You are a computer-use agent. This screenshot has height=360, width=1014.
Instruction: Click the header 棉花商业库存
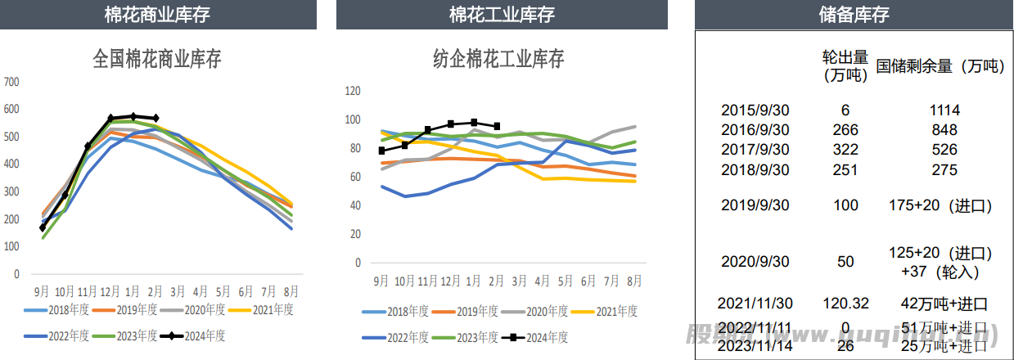coord(157,15)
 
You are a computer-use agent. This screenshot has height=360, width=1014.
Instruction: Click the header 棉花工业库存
coord(502,15)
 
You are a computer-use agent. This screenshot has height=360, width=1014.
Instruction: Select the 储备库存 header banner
coord(854,15)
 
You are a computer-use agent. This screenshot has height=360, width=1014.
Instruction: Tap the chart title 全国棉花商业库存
coord(157,59)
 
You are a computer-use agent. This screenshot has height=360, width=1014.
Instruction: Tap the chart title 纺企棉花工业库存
coord(498,59)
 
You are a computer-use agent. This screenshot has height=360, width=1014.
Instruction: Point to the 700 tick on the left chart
coord(11,82)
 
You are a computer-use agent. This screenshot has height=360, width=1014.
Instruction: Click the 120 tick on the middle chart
coord(353,91)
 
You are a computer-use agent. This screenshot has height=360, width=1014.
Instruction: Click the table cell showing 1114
coord(944,110)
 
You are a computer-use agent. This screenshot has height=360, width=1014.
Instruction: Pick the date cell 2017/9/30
coord(755,150)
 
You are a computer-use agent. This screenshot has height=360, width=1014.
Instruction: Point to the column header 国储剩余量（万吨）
coord(940,66)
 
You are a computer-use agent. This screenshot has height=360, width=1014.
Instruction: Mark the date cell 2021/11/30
coord(755,303)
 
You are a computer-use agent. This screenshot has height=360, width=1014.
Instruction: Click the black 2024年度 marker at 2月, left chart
coord(155,119)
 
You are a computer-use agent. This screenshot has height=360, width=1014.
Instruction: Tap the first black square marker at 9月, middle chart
coord(382,151)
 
